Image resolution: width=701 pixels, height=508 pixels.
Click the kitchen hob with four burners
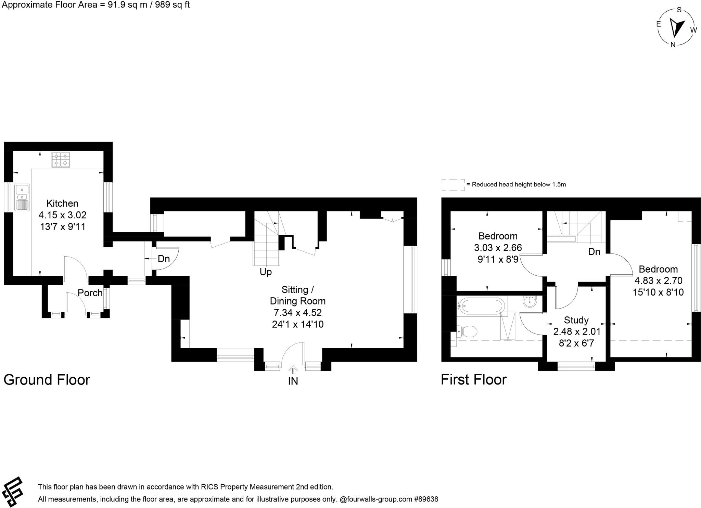61,159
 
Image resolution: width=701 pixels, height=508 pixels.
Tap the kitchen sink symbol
22,197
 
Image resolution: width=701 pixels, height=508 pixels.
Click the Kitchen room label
62,203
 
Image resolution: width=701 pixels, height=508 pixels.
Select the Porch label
90,293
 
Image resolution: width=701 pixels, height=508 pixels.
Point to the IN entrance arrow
293,370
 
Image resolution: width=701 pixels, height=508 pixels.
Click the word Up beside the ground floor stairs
266,272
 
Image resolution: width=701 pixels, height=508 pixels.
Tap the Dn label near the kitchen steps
164,259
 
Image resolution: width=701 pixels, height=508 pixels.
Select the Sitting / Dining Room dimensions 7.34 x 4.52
297,313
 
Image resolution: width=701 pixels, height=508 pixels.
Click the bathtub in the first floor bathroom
481,305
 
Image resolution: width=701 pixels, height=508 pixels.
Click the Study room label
576,320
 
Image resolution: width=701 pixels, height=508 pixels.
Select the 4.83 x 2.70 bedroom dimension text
658,281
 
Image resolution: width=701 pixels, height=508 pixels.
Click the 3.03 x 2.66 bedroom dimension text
498,247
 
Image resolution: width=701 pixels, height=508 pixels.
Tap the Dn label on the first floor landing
594,252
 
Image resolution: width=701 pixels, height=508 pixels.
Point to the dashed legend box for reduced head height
453,185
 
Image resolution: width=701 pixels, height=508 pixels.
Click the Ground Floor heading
47,380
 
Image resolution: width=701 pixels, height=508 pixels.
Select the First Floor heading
473,380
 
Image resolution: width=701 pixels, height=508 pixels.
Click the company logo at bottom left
12,493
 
